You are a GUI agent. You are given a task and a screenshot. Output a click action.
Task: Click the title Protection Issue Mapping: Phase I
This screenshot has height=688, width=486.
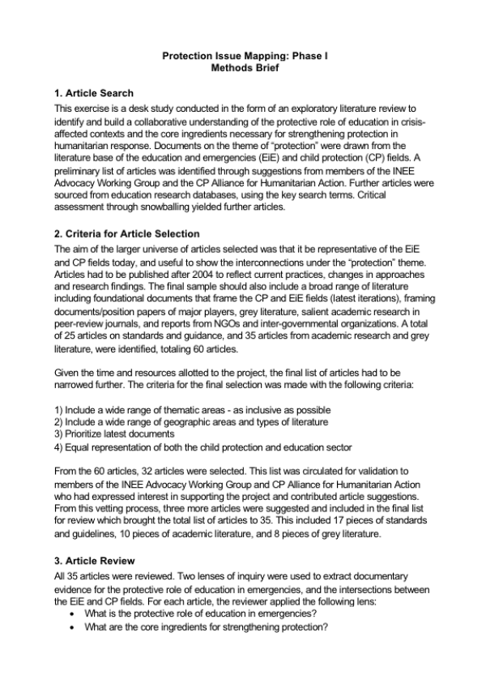(243, 57)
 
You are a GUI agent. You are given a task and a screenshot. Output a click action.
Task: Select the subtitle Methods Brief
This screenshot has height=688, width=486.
(243, 70)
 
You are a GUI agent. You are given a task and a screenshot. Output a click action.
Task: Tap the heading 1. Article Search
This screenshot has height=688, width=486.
(93, 93)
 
